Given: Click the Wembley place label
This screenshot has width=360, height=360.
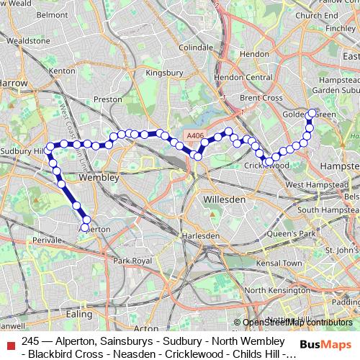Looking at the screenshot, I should tap(99, 176).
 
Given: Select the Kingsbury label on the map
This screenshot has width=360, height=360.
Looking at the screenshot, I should tap(163, 73).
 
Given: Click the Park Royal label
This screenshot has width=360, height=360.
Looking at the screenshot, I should tap(130, 260).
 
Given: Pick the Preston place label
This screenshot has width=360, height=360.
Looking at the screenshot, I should tap(107, 99).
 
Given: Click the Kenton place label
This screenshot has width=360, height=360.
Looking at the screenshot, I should tap(62, 71).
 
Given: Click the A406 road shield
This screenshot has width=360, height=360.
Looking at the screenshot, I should tap(195, 135).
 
